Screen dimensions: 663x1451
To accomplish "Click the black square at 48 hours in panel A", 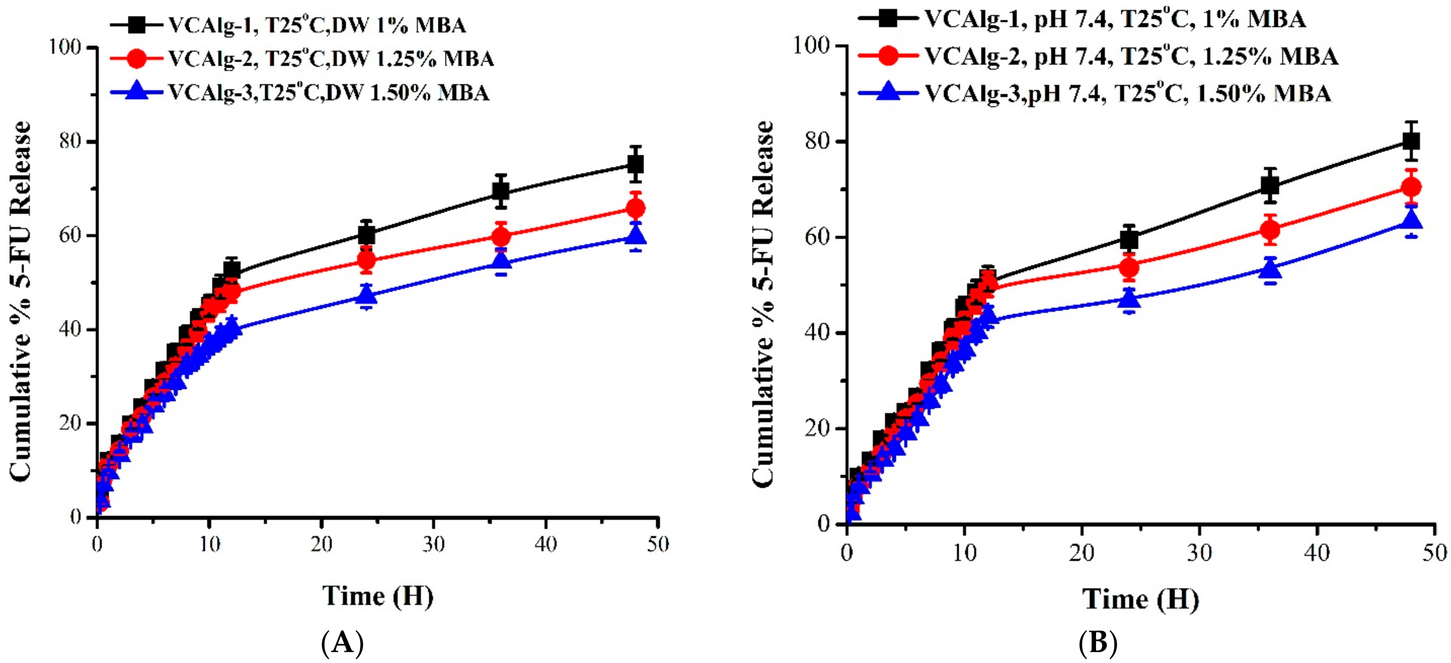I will tap(636, 165).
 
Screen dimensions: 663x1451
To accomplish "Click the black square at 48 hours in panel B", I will tap(1411, 141).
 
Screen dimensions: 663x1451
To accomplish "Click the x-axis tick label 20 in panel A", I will tap(321, 544).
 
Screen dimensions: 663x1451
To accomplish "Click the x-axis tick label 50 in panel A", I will tap(657, 544).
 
